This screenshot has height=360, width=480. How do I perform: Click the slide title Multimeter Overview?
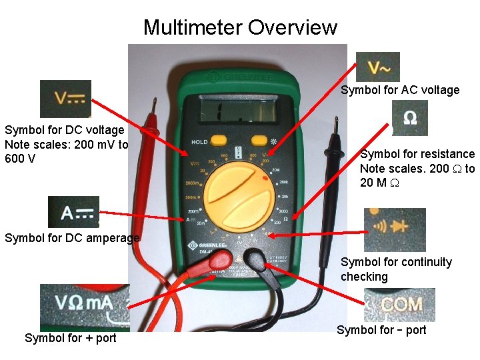point(240,27)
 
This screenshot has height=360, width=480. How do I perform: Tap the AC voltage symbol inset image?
point(378,67)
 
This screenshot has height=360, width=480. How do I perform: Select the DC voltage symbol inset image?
point(65,99)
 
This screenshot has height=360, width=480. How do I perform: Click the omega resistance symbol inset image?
point(410,119)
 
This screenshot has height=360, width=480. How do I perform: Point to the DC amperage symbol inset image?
point(73,212)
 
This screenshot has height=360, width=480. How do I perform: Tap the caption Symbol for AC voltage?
point(400,90)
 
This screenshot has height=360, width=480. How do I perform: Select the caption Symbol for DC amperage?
point(72,238)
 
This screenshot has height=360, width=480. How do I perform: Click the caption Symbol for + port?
point(70,338)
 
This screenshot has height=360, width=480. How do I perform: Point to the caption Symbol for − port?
point(381,330)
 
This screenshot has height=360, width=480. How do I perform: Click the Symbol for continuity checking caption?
point(396,269)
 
